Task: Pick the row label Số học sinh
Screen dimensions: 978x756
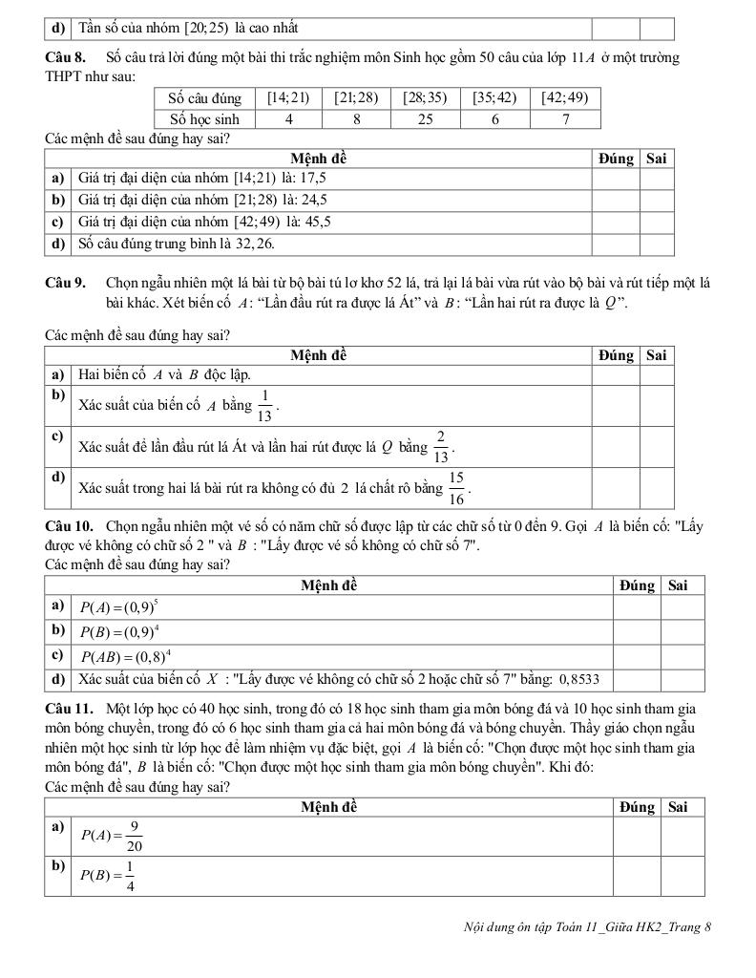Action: [x=203, y=119]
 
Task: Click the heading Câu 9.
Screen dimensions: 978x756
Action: [x=65, y=284]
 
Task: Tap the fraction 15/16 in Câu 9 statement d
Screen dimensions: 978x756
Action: [x=456, y=487]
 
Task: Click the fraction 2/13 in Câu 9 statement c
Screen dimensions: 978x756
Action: [x=441, y=446]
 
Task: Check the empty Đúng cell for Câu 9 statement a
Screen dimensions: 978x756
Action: [x=617, y=375]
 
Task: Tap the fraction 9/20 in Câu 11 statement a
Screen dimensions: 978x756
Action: [x=135, y=837]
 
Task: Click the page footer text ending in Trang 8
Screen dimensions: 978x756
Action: [x=586, y=926]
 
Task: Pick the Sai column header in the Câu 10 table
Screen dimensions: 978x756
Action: [x=679, y=585]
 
